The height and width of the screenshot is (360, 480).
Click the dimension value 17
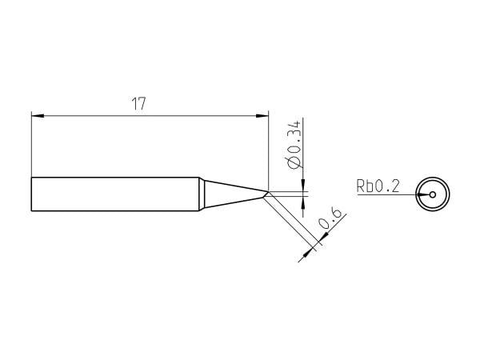click(138, 104)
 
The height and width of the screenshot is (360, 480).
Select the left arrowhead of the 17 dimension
click(38, 116)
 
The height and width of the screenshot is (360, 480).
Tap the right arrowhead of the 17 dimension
click(262, 116)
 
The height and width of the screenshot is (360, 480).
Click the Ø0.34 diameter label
click(294, 145)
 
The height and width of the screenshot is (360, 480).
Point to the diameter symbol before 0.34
click(294, 163)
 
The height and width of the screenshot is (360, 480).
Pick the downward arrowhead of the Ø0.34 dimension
click(303, 185)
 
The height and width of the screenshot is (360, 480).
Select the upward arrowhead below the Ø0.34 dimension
click(303, 202)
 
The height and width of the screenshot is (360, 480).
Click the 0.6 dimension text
click(330, 218)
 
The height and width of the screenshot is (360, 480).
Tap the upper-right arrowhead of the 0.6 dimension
click(324, 238)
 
